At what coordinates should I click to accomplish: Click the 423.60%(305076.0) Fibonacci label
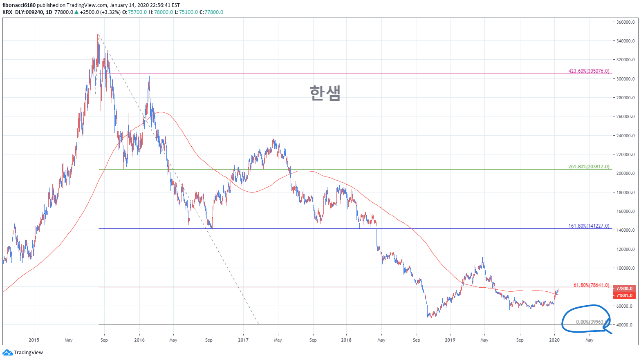(x=588, y=71)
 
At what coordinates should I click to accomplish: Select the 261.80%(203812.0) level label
(x=588, y=167)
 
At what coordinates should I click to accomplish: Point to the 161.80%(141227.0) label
(x=588, y=226)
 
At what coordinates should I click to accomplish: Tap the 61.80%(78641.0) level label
(x=591, y=285)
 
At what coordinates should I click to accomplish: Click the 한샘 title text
(x=325, y=93)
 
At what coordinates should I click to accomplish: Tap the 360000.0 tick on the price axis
(x=625, y=22)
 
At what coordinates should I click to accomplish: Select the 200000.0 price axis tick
(x=625, y=173)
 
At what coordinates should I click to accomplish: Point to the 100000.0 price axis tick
(x=625, y=268)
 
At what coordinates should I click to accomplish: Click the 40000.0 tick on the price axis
(x=625, y=325)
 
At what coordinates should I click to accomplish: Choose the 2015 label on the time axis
(x=34, y=340)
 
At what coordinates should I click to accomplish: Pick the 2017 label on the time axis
(x=243, y=340)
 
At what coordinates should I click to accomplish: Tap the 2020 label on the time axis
(x=554, y=340)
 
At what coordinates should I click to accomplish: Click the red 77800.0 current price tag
(x=624, y=288)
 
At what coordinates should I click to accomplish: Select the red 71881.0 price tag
(x=624, y=295)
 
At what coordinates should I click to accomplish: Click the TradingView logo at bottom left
(x=23, y=353)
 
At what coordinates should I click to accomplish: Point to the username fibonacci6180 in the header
(x=19, y=5)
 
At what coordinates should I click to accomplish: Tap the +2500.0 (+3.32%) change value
(x=100, y=12)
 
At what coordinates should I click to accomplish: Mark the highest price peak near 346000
(x=98, y=35)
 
